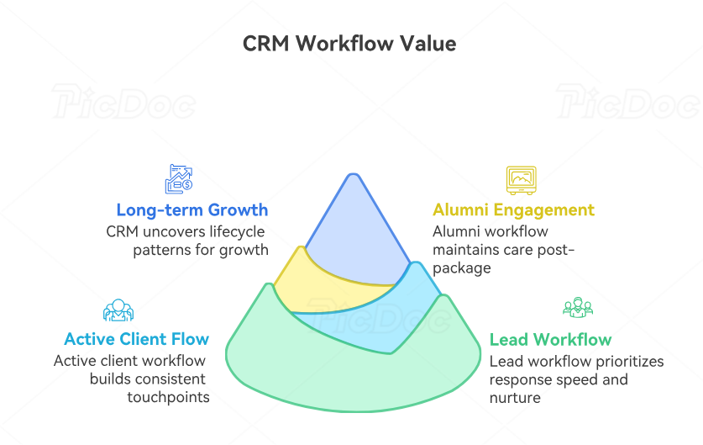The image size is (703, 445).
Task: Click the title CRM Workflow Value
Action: pyautogui.click(x=349, y=44)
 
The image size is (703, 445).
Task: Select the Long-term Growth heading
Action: pyautogui.click(x=192, y=209)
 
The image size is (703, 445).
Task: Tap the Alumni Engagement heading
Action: pyautogui.click(x=513, y=209)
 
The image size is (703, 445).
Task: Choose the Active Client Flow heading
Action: pyautogui.click(x=136, y=339)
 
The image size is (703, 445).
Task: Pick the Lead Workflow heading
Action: pyautogui.click(x=550, y=340)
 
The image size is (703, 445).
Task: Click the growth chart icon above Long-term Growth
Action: pyautogui.click(x=179, y=178)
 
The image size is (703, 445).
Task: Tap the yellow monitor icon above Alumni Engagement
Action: pyautogui.click(x=521, y=179)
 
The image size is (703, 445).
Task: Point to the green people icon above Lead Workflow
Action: pyautogui.click(x=578, y=308)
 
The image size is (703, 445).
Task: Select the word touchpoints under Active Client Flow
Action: pyautogui.click(x=168, y=397)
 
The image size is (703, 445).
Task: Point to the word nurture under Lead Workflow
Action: pyautogui.click(x=515, y=397)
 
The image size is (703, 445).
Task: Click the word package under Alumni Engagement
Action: pyautogui.click(x=461, y=268)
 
